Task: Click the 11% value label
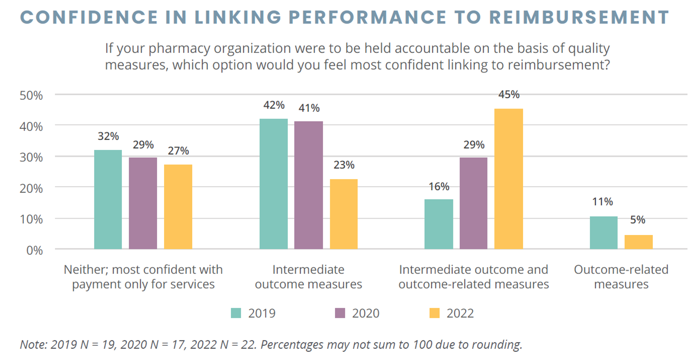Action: [x=603, y=202]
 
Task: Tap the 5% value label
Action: [x=637, y=220]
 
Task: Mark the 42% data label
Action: [x=274, y=105]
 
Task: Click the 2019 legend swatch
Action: [x=236, y=313]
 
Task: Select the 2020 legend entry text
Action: [x=365, y=313]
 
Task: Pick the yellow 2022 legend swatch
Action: [x=434, y=313]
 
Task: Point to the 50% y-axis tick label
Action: [x=31, y=95]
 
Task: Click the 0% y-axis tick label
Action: [x=35, y=250]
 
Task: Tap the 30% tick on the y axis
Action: [x=31, y=158]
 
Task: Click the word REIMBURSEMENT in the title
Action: [x=579, y=17]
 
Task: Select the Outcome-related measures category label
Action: [x=621, y=277]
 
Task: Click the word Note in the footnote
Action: [x=32, y=344]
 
